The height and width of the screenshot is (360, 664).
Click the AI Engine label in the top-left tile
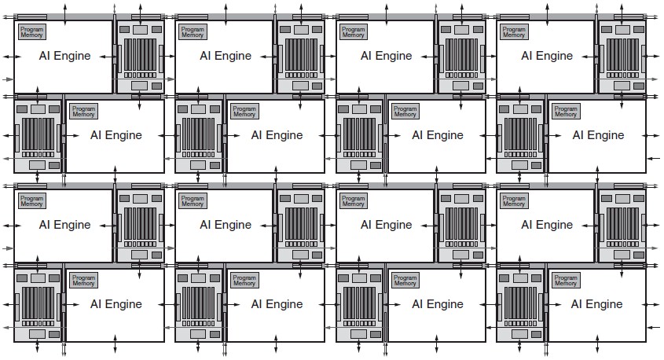click(64, 56)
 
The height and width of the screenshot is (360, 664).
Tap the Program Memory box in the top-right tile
click(514, 31)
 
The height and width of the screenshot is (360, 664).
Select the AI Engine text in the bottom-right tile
click(596, 304)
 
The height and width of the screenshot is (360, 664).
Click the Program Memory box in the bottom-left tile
click(83, 281)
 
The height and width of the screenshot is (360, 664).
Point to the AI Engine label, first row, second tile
click(226, 56)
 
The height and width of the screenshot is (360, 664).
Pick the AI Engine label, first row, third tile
click(386, 56)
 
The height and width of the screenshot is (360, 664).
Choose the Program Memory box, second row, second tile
click(244, 112)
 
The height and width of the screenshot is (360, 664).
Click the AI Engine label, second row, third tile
click(438, 135)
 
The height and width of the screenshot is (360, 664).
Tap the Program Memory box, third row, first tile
click(31, 200)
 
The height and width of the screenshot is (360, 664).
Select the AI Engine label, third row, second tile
click(226, 225)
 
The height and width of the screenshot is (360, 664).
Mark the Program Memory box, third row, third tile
click(353, 200)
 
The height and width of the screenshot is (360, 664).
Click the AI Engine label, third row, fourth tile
click(547, 225)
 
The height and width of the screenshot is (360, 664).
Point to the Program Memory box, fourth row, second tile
click(244, 281)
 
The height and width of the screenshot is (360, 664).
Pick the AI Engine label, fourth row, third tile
click(438, 304)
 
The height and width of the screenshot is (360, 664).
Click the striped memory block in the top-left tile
click(140, 55)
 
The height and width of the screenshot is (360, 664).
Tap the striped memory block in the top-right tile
click(622, 55)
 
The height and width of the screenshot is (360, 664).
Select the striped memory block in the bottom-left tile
click(39, 303)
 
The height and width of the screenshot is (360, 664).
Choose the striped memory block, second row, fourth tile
click(520, 134)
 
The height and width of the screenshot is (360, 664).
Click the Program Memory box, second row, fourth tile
click(566, 112)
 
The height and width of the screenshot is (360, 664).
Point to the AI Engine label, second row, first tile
click(116, 135)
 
